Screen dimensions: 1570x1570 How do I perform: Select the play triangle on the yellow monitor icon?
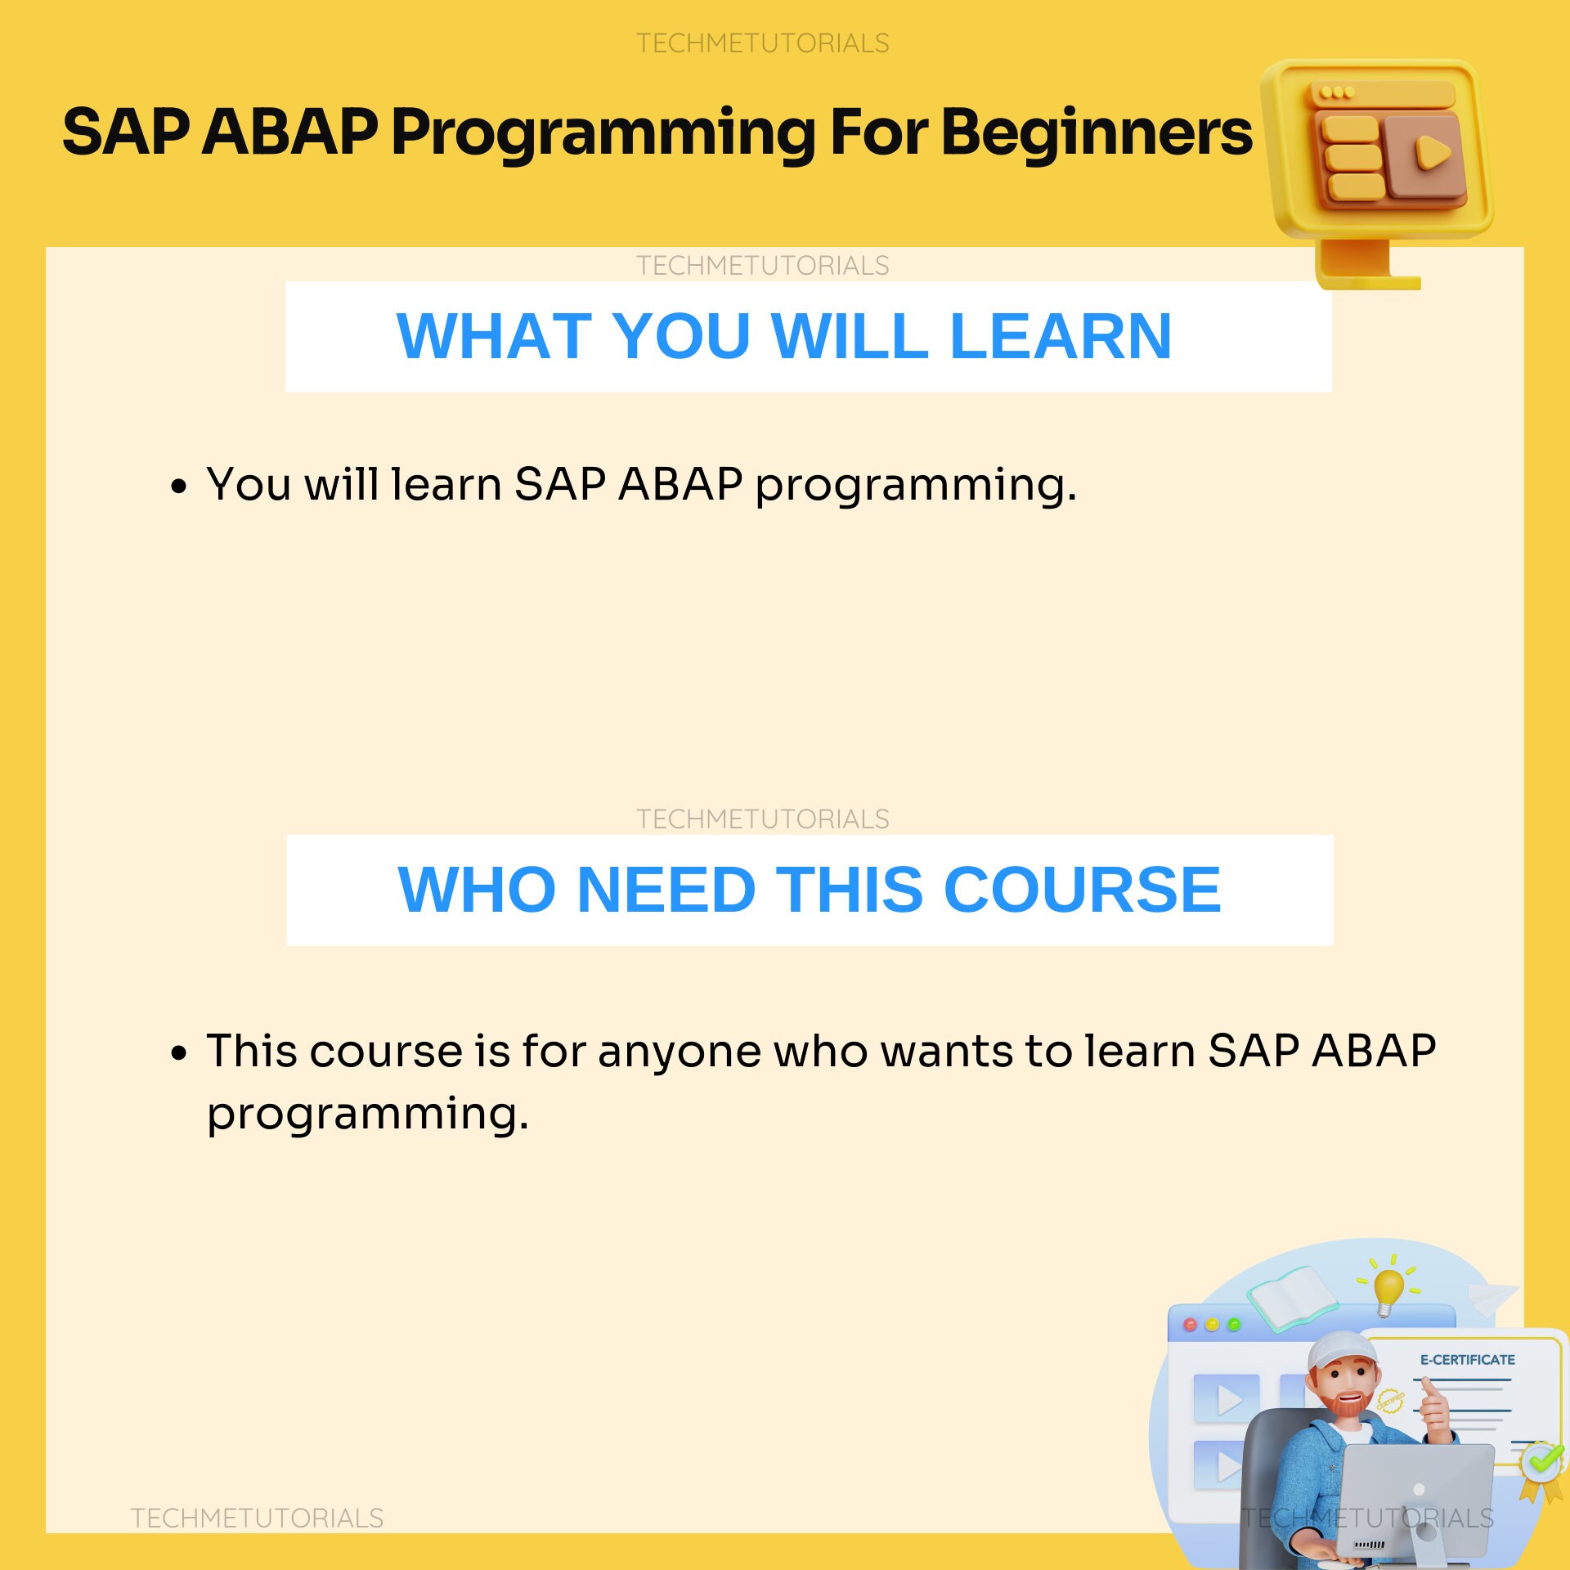pyautogui.click(x=1433, y=152)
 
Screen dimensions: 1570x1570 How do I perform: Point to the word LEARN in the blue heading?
pyautogui.click(x=1061, y=336)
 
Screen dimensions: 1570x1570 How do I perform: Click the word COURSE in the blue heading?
pyautogui.click(x=1082, y=890)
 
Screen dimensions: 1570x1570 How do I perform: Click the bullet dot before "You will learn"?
pyautogui.click(x=178, y=487)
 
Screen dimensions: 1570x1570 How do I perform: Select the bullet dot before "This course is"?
pyautogui.click(x=178, y=1053)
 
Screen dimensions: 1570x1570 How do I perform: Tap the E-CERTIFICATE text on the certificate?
pyautogui.click(x=1467, y=1360)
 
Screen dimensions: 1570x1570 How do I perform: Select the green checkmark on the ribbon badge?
pyautogui.click(x=1542, y=1460)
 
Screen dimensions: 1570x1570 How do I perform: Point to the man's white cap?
pyautogui.click(x=1341, y=1354)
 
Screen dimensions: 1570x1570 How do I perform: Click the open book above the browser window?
pyautogui.click(x=1292, y=1298)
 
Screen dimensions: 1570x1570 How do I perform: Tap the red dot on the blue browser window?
pyautogui.click(x=1190, y=1325)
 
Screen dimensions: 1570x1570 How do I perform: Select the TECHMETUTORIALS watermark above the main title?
pyautogui.click(x=762, y=43)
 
